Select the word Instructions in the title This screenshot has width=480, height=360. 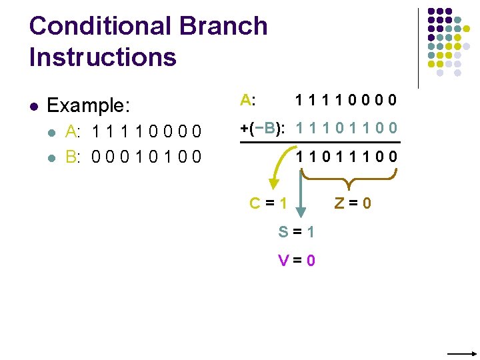coord(103,57)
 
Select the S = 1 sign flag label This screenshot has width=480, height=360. coord(297,232)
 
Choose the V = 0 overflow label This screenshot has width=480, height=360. coord(297,260)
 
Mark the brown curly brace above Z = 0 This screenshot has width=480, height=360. coord(349,177)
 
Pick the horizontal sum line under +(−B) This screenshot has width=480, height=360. coord(320,143)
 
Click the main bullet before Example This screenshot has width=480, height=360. coord(34,106)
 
